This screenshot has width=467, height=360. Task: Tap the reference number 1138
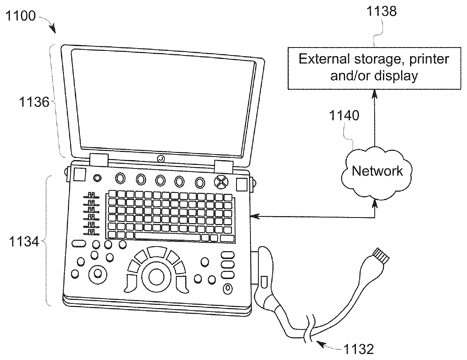[x=382, y=11]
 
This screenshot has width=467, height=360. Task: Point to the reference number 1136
[x=35, y=101]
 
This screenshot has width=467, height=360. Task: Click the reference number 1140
[x=345, y=115]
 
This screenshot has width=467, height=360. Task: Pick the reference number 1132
[x=358, y=349]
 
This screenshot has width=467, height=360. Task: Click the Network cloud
[x=377, y=172]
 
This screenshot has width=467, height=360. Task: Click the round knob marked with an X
[x=221, y=182]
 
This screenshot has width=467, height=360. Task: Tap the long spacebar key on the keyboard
[x=167, y=237]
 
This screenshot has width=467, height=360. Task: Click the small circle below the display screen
[x=161, y=159]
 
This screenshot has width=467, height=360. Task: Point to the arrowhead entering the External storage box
[x=374, y=93]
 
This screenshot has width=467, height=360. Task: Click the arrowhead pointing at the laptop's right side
[x=255, y=217]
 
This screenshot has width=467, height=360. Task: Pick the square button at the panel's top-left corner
[x=79, y=175]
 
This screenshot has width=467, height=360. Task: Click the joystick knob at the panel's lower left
[x=97, y=273]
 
